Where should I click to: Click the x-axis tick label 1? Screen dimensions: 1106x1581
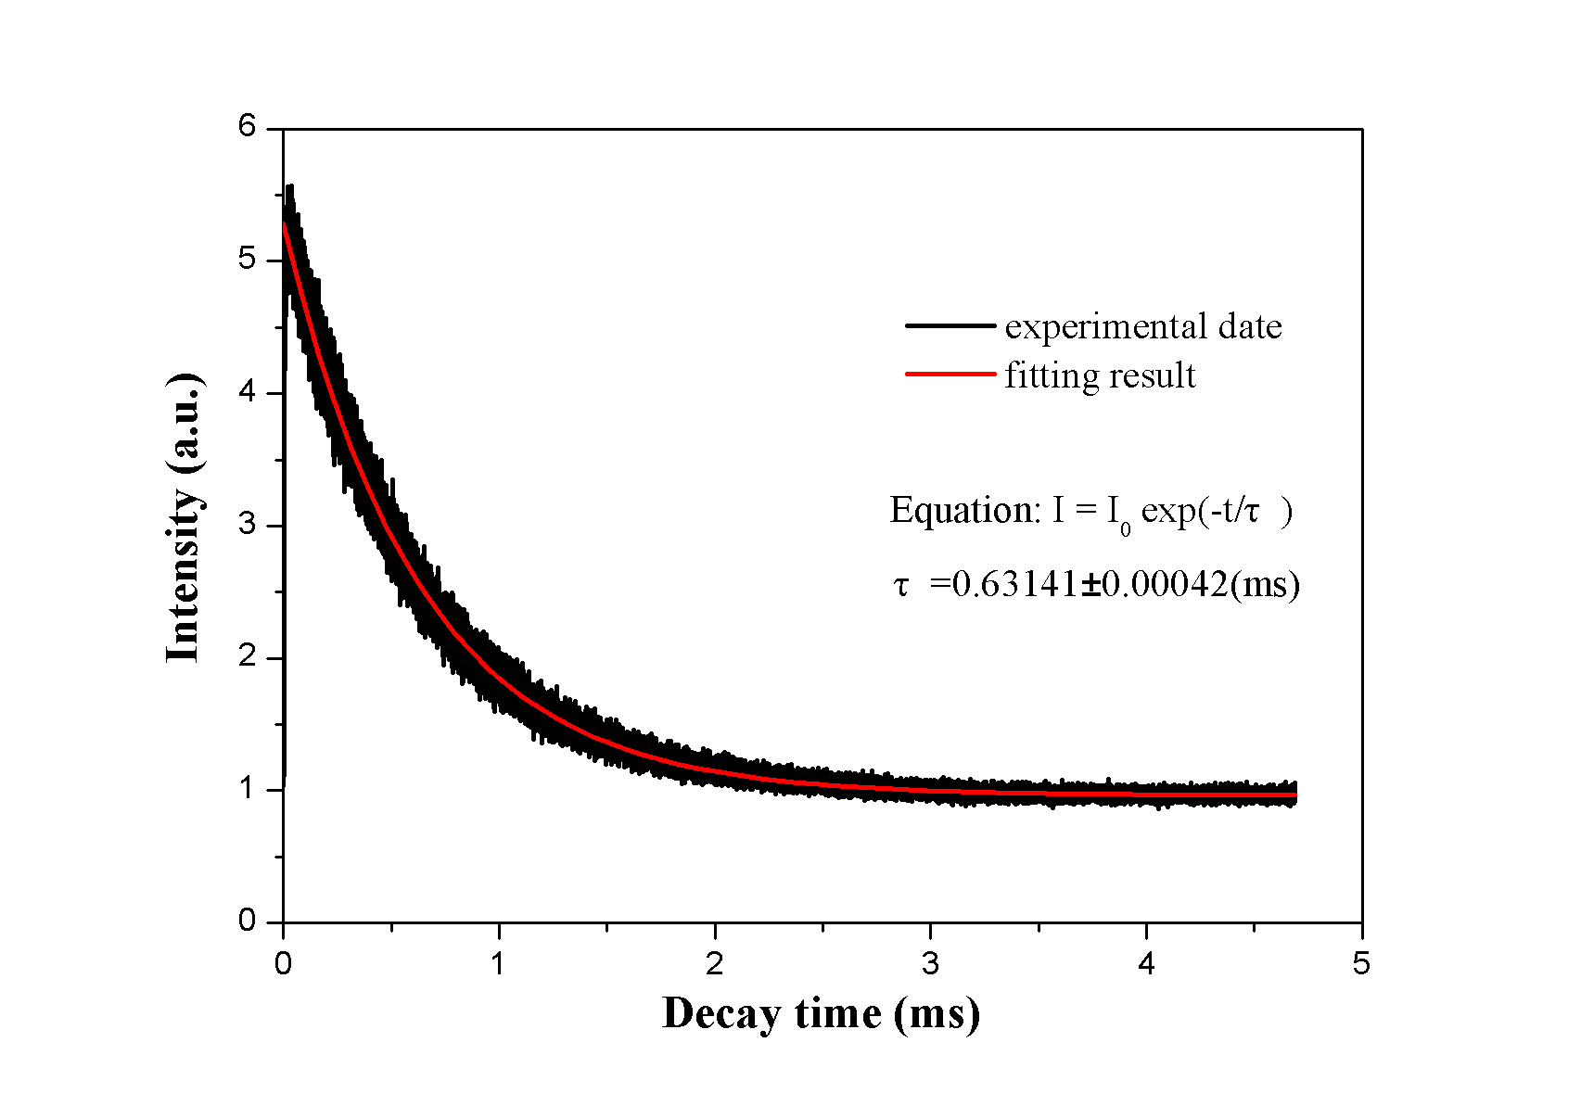[499, 964]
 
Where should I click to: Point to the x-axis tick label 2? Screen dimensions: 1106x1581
[714, 964]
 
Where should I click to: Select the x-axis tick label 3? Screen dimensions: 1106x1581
[930, 964]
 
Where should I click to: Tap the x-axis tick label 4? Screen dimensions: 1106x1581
[1147, 964]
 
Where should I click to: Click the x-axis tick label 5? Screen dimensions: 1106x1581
[1361, 964]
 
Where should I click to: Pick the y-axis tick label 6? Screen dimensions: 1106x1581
[247, 126]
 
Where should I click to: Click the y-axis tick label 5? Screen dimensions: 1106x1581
[247, 259]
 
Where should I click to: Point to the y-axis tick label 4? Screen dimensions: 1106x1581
[247, 392]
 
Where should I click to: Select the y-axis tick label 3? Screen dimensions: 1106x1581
[247, 525]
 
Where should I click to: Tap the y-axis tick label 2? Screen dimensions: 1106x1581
[247, 657]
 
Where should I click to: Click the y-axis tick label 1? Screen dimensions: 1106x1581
[247, 789]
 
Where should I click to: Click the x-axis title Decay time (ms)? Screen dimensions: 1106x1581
[821, 1013]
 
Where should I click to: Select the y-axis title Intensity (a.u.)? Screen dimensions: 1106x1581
[184, 518]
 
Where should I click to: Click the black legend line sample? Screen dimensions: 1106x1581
[950, 325]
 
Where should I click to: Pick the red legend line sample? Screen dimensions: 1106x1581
[950, 375]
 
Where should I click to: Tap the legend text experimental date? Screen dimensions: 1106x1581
[1143, 326]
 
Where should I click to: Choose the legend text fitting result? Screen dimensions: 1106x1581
[1100, 375]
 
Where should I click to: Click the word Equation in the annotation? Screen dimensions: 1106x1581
[963, 510]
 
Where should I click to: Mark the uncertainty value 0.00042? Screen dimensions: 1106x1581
[1165, 584]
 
